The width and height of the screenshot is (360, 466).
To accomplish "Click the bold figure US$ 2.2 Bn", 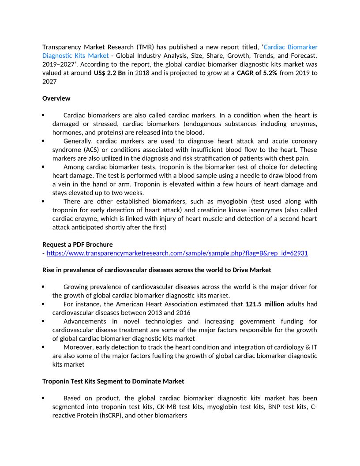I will pyautogui.click(x=110, y=73).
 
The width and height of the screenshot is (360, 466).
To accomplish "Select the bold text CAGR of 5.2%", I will pyautogui.click(x=257, y=73).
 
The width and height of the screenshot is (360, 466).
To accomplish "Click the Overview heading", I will pyautogui.click(x=56, y=98).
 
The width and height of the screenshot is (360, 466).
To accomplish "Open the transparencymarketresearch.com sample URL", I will pyautogui.click(x=177, y=253).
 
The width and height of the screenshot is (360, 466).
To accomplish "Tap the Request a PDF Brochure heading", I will pyautogui.click(x=77, y=244).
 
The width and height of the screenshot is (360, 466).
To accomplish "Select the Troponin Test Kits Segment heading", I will pyautogui.click(x=113, y=381).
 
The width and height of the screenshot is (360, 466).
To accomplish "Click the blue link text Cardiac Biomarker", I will pyautogui.click(x=290, y=47).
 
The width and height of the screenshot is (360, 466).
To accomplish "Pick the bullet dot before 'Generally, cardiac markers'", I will pyautogui.click(x=43, y=141).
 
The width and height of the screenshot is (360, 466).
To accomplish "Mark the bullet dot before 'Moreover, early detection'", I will pyautogui.click(x=43, y=347).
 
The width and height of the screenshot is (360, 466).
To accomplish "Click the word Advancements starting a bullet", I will pyautogui.click(x=85, y=321).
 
